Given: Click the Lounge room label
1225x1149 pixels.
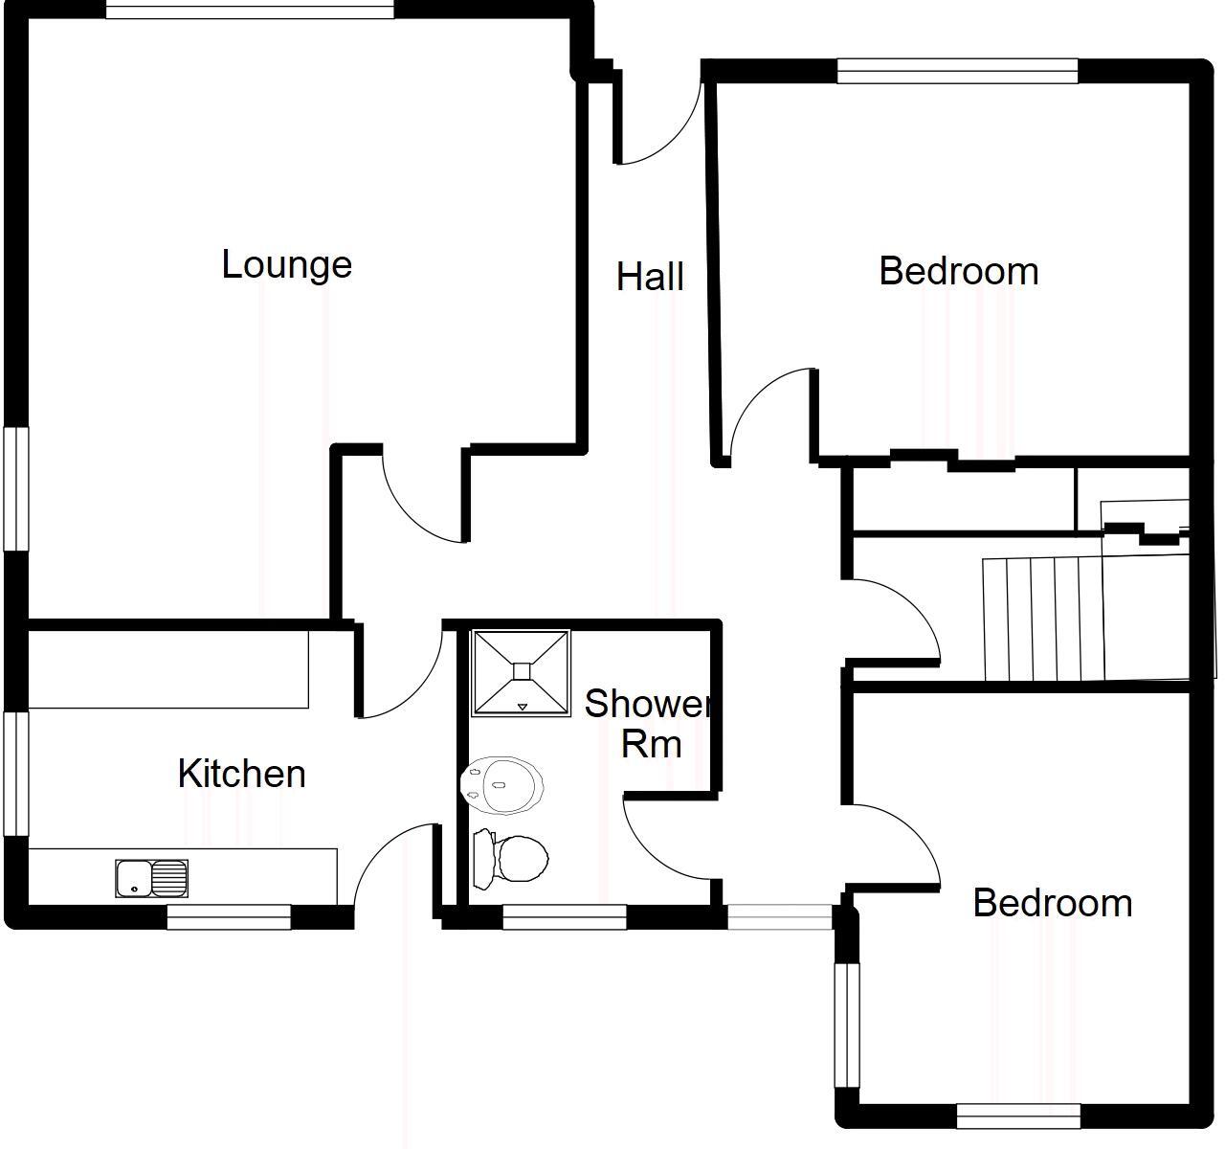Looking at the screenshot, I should coord(286,265).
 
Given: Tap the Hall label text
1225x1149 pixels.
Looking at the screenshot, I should coord(650,278).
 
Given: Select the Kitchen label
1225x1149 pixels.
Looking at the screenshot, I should coord(241,774).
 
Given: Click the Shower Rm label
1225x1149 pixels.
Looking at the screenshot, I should coord(649,723).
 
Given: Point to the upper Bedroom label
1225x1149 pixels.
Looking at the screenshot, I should coord(958,272).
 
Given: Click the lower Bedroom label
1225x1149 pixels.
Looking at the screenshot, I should coord(1052,903).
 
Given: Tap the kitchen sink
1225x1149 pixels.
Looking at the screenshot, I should coord(151,878).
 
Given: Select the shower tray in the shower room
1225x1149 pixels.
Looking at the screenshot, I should coord(521,672).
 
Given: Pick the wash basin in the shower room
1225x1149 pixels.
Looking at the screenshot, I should coord(503,785).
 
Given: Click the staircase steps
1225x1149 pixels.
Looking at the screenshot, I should coord(1043,619).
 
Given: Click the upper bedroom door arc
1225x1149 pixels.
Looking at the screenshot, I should coord(766,407).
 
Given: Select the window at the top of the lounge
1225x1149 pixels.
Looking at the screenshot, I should coord(249,11).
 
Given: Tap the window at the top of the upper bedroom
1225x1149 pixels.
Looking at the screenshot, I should coord(957,71).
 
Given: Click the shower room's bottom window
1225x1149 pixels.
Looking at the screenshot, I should coord(564,917).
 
